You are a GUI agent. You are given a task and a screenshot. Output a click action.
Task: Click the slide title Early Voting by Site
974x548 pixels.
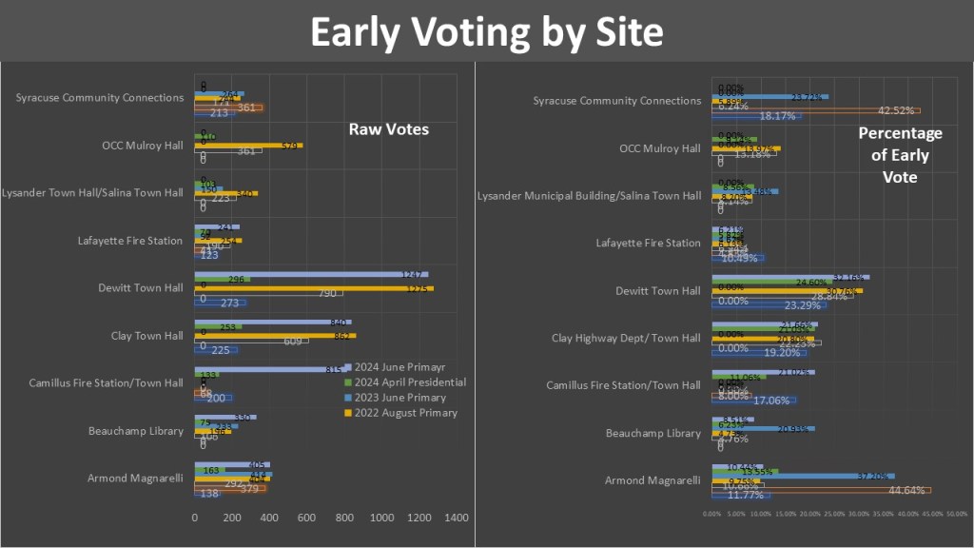point(486,32)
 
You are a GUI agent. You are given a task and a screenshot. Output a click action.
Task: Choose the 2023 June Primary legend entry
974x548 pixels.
point(399,397)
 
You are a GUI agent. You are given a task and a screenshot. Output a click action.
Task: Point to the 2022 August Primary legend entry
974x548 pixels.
point(405,412)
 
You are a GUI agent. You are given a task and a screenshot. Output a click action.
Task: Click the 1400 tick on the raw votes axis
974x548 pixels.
point(457,518)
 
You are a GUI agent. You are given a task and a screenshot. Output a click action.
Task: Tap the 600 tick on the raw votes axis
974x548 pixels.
point(306,518)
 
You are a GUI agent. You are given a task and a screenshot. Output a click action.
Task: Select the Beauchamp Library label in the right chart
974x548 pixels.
point(654,433)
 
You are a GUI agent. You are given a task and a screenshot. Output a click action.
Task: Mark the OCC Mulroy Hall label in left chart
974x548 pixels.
point(142,146)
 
